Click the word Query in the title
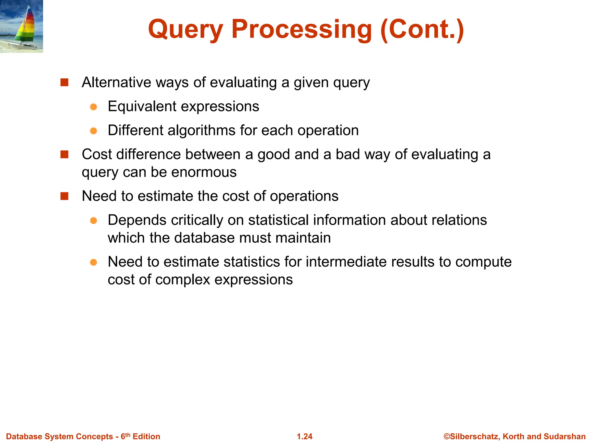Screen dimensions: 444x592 (x=185, y=29)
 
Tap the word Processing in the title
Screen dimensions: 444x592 (x=301, y=29)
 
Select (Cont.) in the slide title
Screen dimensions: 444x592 (x=422, y=29)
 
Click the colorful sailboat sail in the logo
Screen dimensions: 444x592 (x=27, y=26)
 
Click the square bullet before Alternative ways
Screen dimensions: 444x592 (x=64, y=83)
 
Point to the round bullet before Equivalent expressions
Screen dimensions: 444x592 (x=93, y=107)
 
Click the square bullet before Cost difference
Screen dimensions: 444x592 (x=64, y=155)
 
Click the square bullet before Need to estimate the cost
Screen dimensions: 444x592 (x=64, y=196)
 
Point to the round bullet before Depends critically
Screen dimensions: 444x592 (x=93, y=221)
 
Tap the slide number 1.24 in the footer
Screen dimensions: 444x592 (x=305, y=436)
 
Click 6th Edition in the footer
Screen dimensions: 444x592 (x=140, y=436)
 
